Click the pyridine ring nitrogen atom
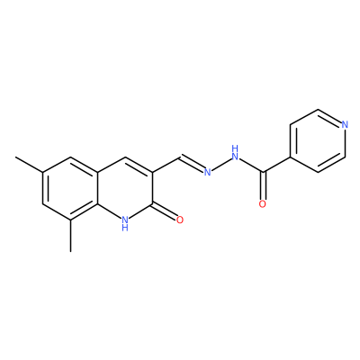tap(345, 124)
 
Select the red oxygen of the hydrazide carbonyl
tap(263, 204)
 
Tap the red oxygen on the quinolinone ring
tap(180, 220)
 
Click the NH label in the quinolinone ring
tap(125, 223)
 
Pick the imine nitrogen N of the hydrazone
tap(207, 172)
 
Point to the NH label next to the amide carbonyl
tap(235, 152)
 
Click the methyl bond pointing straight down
tap(70, 236)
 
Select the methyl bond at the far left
tap(29, 164)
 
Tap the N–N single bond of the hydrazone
tap(221, 164)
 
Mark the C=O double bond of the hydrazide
tap(263, 185)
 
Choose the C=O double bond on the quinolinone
tap(165, 211)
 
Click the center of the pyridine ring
tap(318, 140)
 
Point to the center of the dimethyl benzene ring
tap(70, 188)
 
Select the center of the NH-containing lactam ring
tap(126, 188)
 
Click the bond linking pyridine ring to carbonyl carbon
tap(277, 164)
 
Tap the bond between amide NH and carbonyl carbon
tap(251, 166)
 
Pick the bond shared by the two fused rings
tap(98, 188)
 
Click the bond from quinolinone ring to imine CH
tap(166, 164)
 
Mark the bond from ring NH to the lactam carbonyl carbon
tap(141, 211)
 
